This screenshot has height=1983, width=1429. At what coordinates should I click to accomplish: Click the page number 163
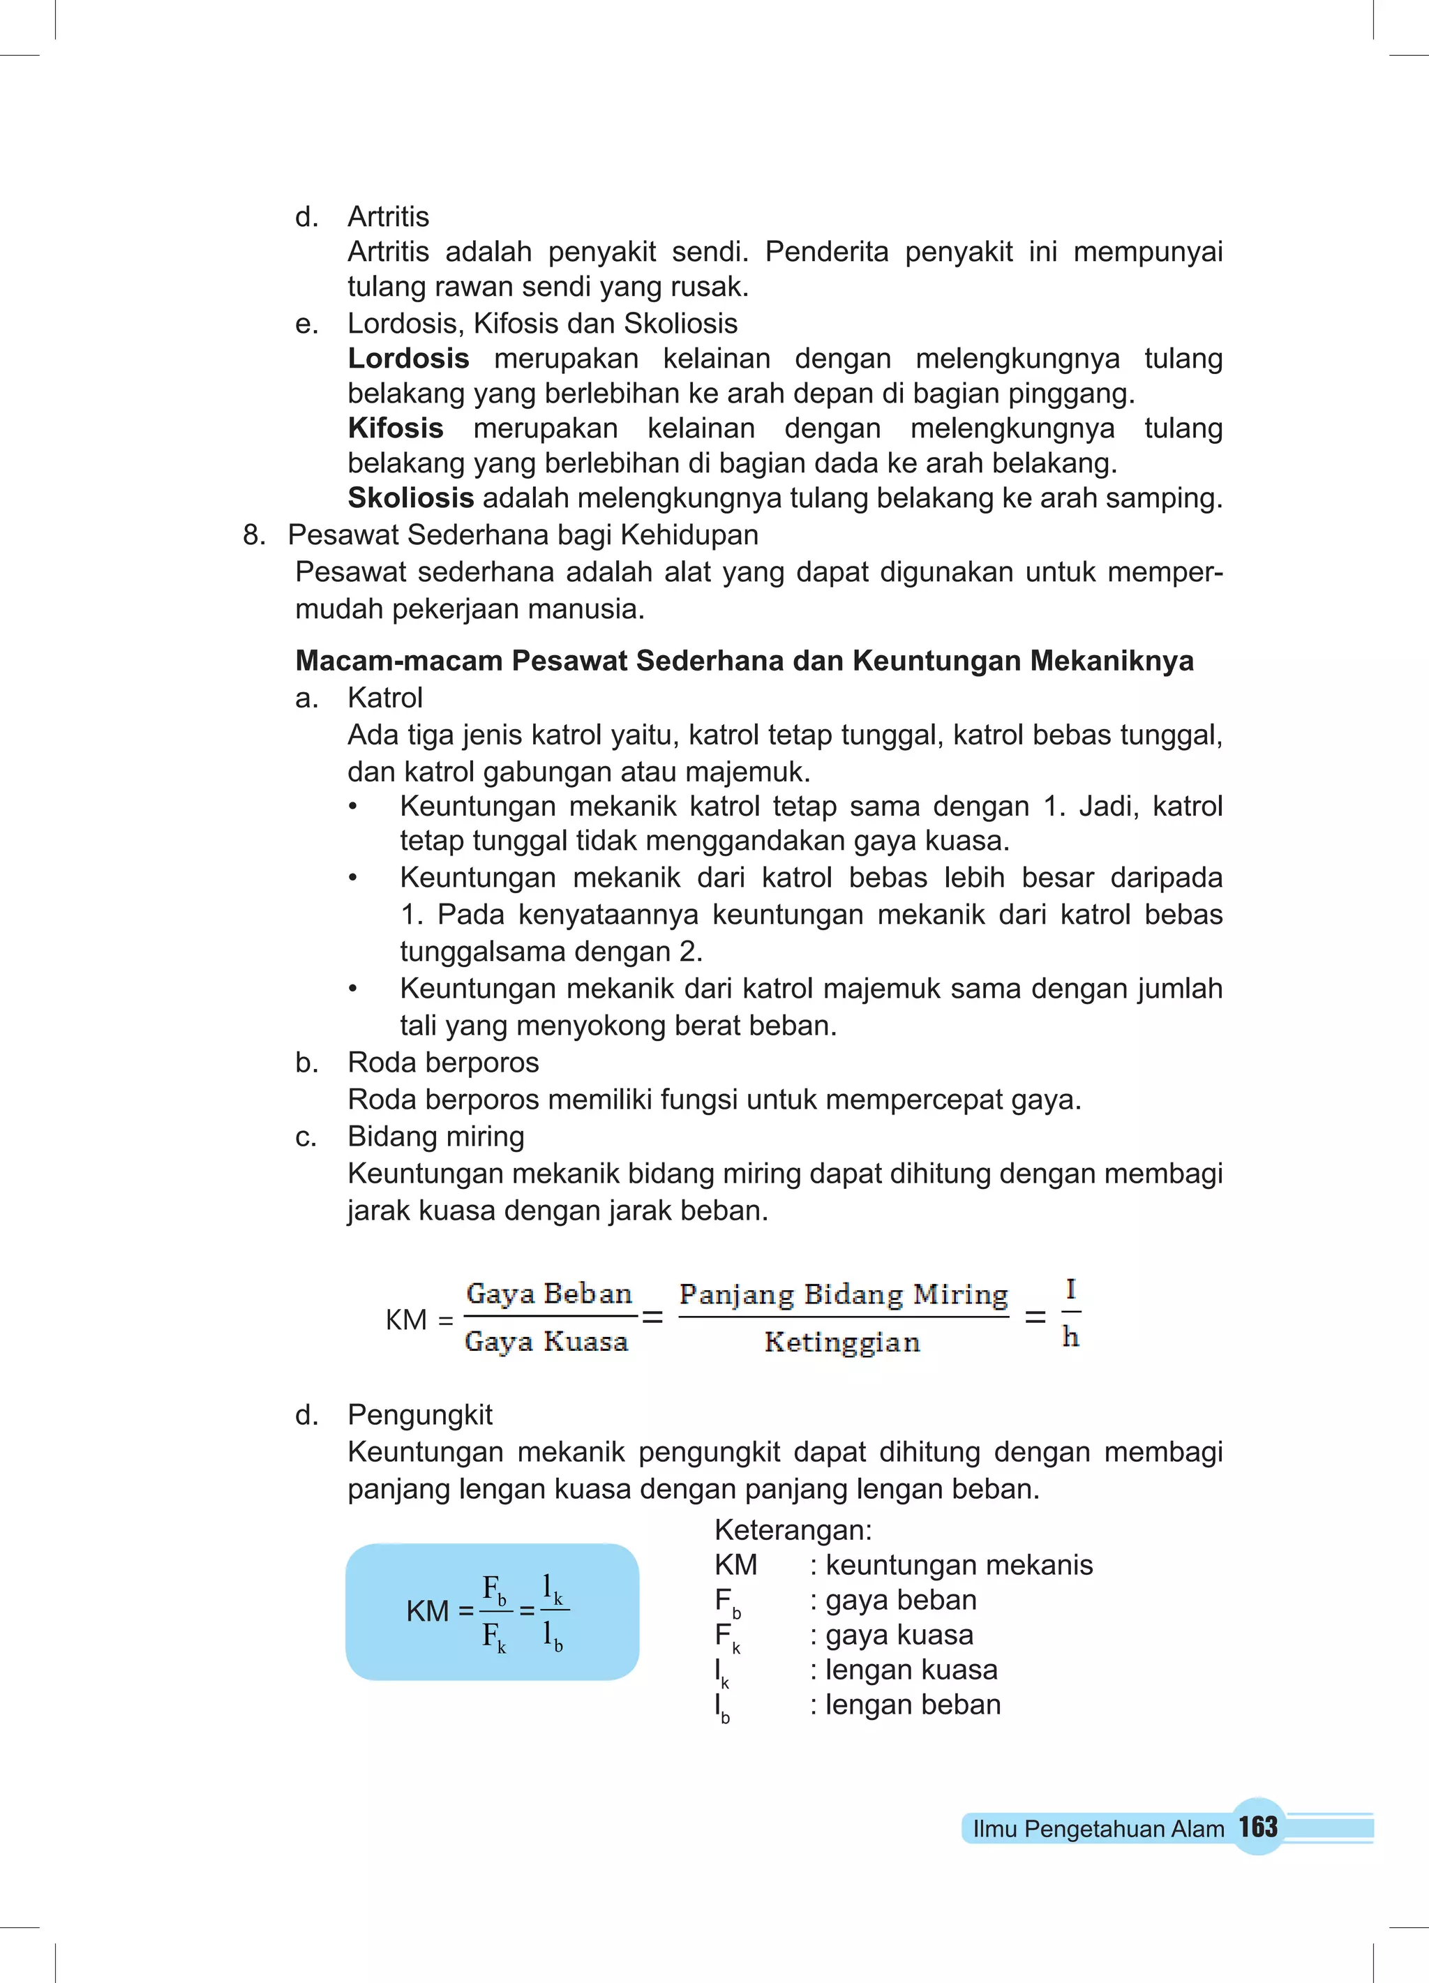(1257, 1827)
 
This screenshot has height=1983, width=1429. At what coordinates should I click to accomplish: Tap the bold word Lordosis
(408, 359)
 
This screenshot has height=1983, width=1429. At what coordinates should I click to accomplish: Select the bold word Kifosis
(396, 428)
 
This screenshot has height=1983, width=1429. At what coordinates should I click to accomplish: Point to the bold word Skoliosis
(410, 498)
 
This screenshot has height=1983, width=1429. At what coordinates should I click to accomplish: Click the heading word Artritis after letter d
(388, 217)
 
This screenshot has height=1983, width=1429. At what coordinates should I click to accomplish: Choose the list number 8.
(253, 535)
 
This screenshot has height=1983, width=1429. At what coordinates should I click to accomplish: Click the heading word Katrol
(384, 698)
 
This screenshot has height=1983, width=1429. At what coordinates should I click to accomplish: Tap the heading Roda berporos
(442, 1062)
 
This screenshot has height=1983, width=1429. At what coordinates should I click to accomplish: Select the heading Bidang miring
(435, 1137)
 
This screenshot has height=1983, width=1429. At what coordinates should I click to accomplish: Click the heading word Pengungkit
(420, 1414)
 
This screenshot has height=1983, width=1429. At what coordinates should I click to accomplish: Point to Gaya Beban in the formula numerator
(549, 1294)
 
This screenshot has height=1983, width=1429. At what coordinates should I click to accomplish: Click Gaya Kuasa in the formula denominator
(546, 1342)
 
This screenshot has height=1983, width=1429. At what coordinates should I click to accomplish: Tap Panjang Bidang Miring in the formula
(844, 1294)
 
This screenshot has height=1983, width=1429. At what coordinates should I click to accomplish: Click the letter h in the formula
(1070, 1337)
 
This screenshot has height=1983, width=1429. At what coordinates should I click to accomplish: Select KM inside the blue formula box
(427, 1610)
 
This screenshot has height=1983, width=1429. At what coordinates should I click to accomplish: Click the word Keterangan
(793, 1529)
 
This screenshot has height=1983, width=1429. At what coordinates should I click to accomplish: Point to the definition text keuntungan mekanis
(959, 1564)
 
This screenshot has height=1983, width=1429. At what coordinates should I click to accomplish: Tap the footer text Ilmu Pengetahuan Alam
(1098, 1828)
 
